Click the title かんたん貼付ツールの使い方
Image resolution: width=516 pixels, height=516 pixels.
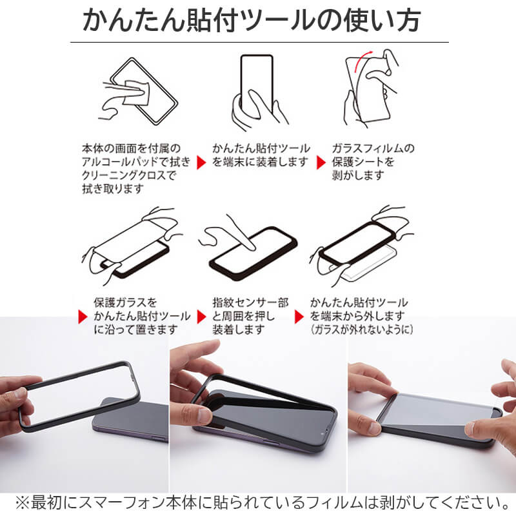(x=252, y=21)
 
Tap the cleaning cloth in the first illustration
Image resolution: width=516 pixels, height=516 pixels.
(x=135, y=92)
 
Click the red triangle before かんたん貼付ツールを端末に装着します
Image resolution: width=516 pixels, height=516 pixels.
(x=201, y=163)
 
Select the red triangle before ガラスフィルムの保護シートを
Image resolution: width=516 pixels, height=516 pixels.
(x=321, y=163)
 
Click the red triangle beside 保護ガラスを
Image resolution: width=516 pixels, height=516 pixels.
(x=82, y=316)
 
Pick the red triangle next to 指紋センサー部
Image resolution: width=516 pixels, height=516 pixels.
(x=201, y=316)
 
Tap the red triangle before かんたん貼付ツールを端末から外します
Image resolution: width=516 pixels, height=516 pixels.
(x=299, y=316)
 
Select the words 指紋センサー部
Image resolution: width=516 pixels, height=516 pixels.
(x=250, y=303)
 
